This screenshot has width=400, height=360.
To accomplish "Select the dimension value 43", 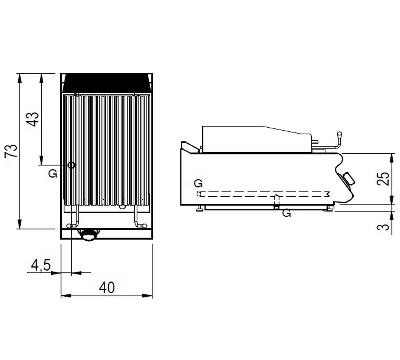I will coord(33,119).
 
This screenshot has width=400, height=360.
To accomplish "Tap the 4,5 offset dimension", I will coord(41,265).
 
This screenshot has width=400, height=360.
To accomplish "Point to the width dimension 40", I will coord(107,287).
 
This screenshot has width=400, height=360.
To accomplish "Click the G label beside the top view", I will coord(53,174).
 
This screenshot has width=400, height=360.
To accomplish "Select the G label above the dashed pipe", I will coord(198,183).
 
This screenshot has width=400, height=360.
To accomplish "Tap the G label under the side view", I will coord(286,213).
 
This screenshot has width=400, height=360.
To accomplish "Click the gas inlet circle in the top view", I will coord(71,165).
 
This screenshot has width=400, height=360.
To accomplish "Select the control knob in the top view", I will coord(89,235).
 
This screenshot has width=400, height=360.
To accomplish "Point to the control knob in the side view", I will coord(348,179).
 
